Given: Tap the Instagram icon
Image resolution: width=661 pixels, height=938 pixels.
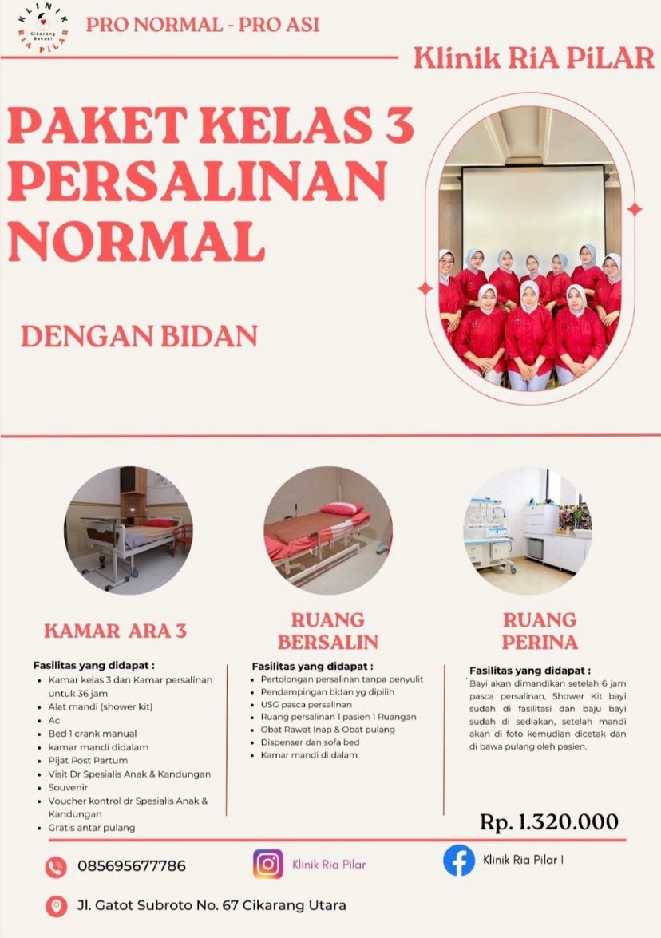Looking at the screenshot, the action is coord(267,864).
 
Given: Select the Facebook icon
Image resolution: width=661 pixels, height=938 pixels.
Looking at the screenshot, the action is coord(459,861).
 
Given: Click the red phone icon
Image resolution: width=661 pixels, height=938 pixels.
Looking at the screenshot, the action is coord(56,867).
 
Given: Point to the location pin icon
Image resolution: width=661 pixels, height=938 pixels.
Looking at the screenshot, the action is coord(56,906).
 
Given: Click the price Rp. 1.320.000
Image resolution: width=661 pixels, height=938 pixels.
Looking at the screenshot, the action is coord(549,821).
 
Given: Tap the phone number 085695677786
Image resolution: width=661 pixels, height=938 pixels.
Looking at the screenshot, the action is coord(132,865).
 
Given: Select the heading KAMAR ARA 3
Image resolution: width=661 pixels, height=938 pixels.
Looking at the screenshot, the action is coord(116,631).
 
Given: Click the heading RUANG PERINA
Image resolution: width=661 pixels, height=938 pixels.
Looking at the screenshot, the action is coord(540,631).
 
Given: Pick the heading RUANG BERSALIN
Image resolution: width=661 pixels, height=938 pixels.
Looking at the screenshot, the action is coord(328,631).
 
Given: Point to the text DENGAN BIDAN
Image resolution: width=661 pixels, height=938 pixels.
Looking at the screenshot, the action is coord(140,336).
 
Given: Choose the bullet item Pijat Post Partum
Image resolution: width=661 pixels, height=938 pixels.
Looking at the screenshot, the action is coord(88,760).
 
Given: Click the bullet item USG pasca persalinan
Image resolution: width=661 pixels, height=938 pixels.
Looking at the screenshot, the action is coord(307,704).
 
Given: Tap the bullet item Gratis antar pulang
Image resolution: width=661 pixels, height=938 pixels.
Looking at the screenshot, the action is coord(92,828).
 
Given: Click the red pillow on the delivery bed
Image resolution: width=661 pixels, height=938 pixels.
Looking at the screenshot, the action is coord(341,509).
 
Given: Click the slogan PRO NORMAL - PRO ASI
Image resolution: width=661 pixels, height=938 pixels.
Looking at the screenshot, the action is coord(203,25).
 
